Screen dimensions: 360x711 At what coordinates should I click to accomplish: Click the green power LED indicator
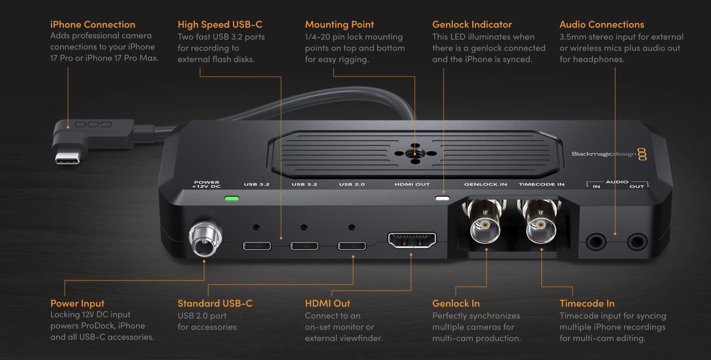[232, 199]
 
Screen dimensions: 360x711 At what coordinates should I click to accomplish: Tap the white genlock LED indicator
[442, 199]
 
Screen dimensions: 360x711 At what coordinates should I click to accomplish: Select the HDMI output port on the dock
[412, 240]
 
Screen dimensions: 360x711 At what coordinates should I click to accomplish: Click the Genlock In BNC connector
[485, 226]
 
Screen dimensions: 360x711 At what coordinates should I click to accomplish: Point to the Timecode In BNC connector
[541, 226]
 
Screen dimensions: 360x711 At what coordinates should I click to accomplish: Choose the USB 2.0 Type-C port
[352, 246]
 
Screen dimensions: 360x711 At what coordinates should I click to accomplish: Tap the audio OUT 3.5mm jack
[637, 242]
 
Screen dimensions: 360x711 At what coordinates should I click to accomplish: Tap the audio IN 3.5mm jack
[596, 242]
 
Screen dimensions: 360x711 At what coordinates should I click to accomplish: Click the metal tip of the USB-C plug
[67, 158]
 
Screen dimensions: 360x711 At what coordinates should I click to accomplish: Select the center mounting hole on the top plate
[415, 153]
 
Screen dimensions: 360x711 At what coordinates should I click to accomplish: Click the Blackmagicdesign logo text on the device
[604, 154]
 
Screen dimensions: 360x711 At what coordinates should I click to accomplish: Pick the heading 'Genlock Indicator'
[472, 24]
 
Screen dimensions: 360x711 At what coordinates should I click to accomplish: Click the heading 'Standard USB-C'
[215, 303]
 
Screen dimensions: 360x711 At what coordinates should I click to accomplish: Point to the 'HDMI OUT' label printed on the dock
[412, 184]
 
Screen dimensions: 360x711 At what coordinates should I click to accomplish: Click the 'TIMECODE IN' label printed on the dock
[541, 184]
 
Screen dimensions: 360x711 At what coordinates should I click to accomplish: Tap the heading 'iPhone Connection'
[93, 24]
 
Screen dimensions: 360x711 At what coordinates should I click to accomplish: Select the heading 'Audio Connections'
[602, 24]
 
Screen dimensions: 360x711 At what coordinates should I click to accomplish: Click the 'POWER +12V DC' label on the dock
[206, 184]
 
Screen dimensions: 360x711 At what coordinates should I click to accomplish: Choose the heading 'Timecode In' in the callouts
[587, 303]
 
